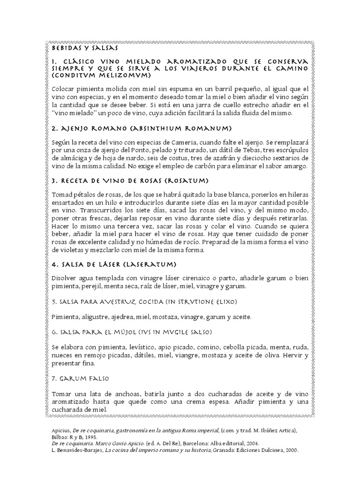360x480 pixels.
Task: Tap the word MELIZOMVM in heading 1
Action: coord(123,75)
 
